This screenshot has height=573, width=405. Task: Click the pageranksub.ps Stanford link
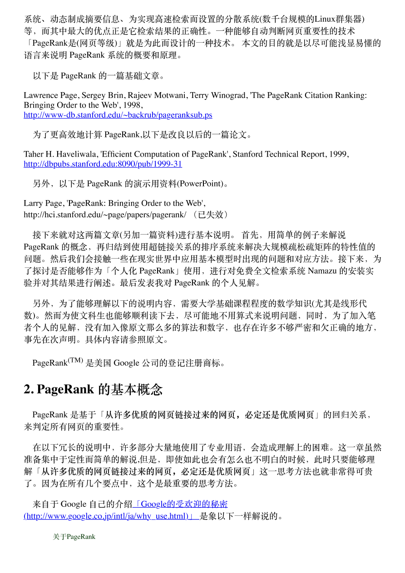pyautogui.click(x=118, y=115)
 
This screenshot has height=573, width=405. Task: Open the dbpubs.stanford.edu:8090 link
pyautogui.click(x=103, y=164)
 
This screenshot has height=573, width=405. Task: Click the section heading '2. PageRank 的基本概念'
pyautogui.click(x=93, y=389)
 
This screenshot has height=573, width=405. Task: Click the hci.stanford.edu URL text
pyautogui.click(x=105, y=214)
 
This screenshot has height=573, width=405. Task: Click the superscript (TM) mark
pyautogui.click(x=76, y=360)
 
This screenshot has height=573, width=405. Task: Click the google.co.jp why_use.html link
pyautogui.click(x=111, y=516)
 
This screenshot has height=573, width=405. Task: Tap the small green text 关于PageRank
pyautogui.click(x=74, y=537)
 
